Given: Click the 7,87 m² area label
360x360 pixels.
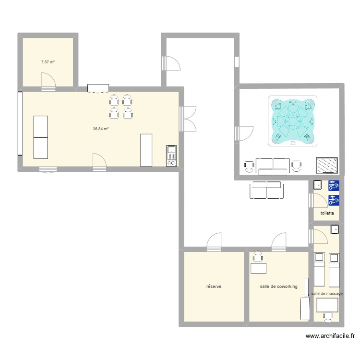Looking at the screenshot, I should pos(48,62).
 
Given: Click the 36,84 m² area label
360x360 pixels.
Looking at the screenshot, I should pos(101,129).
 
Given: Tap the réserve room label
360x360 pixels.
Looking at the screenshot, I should pos(214,287).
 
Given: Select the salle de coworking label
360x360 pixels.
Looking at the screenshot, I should pos(278,287).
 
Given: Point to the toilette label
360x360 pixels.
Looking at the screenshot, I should pos(327,213).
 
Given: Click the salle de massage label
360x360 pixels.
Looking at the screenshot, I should pos(327,293).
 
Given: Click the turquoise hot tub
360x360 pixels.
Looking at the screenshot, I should pos(292,122).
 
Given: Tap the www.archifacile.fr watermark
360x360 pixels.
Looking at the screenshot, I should pos(331,337).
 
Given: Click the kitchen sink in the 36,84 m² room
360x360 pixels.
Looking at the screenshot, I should pos(171,156).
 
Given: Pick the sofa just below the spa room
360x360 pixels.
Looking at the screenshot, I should pos(266,190).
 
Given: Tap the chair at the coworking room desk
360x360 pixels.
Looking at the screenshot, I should pos(258,255).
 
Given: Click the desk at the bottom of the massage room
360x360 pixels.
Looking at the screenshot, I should pos(328,305).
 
